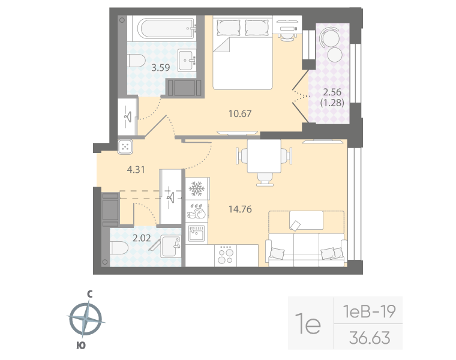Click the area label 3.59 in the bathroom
pyautogui.click(x=160, y=68)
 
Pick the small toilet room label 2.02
pyautogui.click(x=141, y=238)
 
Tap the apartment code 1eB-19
pyautogui.click(x=368, y=311)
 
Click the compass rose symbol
pyautogui.click(x=85, y=319)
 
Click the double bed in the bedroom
pyautogui.click(x=244, y=54)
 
